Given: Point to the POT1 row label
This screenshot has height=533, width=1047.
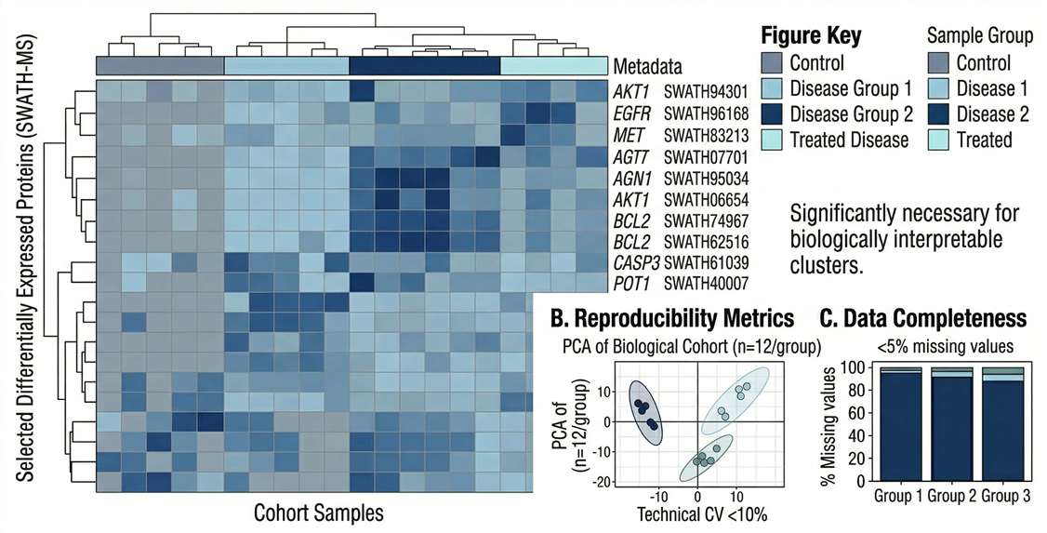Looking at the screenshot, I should coord(630,284).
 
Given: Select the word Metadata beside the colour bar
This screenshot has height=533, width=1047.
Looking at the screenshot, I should coord(647,67).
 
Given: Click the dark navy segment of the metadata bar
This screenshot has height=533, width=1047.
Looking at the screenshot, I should coord(424,66).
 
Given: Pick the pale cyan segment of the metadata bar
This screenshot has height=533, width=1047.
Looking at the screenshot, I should coord(552,66).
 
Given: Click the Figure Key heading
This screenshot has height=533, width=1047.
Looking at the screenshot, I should coord(811,36).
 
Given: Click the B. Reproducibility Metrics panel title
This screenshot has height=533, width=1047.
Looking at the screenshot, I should coord(672,319).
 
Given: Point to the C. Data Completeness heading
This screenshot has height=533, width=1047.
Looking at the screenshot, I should coord(922,319).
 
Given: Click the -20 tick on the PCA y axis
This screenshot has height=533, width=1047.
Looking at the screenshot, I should coord(607,481).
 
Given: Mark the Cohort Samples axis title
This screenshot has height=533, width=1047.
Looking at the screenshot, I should coord(318,512).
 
